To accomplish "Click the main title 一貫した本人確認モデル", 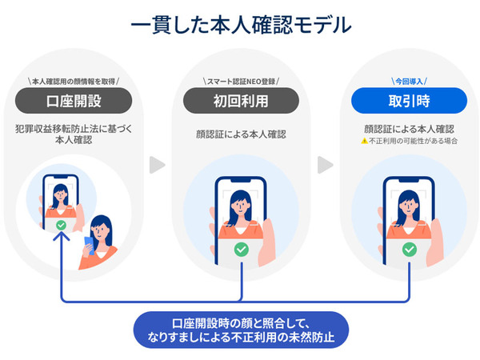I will [x=240, y=25].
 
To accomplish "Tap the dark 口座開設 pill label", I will [x=73, y=101].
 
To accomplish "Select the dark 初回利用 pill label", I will [x=241, y=101].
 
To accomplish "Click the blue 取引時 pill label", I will [x=409, y=101].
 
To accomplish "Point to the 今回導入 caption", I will [x=409, y=81].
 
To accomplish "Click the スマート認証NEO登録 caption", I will [x=241, y=81].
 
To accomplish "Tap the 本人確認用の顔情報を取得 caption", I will [x=73, y=81].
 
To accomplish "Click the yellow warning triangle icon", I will [x=363, y=141].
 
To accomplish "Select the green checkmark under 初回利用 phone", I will [x=241, y=250].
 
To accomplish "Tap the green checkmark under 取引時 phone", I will [x=409, y=250].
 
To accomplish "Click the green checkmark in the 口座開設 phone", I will [x=61, y=226].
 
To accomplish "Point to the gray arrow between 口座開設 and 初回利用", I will [x=158, y=165].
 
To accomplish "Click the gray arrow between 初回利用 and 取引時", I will [x=325, y=165].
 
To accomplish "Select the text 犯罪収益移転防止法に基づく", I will [x=73, y=128].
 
